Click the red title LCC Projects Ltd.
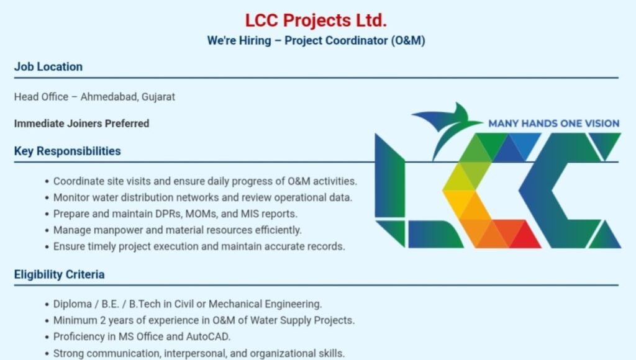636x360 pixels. [316, 20]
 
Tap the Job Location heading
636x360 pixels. [48, 66]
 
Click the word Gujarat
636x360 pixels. [158, 97]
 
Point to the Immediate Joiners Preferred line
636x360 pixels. [81, 124]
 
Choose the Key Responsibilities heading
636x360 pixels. [67, 151]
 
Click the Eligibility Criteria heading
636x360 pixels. [59, 274]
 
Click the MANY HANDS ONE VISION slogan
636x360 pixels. [553, 124]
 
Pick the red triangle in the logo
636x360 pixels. [525, 237]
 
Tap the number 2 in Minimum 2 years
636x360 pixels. [103, 320]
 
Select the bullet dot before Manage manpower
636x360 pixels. [47, 231]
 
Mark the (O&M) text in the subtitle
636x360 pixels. [408, 40]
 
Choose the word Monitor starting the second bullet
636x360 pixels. [71, 197]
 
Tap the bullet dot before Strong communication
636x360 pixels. [47, 354]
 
